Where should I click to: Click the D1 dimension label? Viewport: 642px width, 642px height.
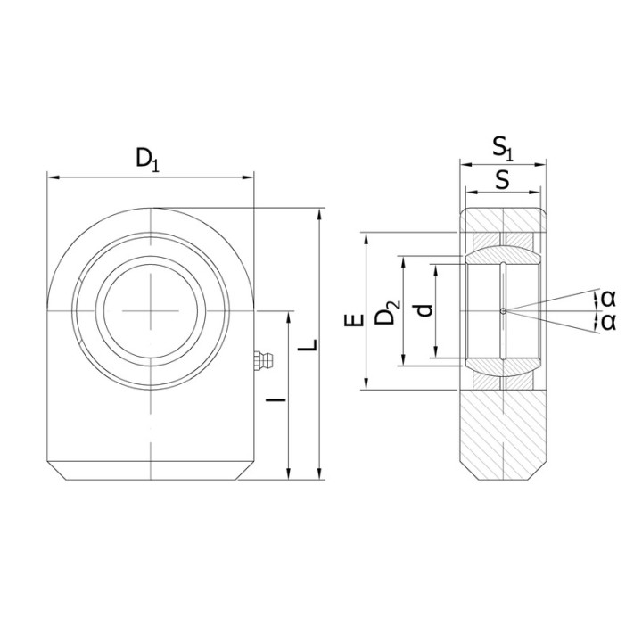point(147,160)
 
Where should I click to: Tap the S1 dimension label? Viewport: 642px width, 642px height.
point(502,148)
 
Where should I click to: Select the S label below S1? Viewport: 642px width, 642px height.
point(502,179)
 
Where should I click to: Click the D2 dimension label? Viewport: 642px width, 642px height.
point(387,312)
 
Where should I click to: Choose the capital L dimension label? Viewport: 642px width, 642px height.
point(308,345)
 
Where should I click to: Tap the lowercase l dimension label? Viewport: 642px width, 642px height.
point(276,399)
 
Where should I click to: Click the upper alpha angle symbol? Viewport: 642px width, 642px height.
point(609,299)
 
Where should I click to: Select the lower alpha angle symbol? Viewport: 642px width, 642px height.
point(609,322)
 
